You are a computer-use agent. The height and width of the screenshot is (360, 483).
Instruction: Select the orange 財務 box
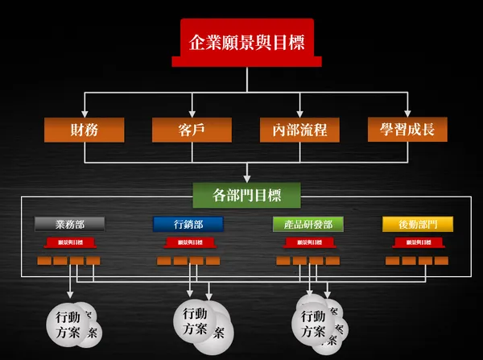tap(85, 129)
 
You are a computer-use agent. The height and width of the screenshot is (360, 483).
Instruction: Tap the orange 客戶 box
tap(192, 129)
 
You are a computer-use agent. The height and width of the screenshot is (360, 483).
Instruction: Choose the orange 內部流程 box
tap(299, 129)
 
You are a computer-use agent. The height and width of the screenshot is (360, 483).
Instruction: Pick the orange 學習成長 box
tap(407, 129)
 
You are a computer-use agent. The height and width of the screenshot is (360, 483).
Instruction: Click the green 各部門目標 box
tap(247, 194)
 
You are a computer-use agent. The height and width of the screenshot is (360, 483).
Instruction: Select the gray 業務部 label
tap(70, 224)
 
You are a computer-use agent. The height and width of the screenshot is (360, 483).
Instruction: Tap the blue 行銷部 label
tap(188, 224)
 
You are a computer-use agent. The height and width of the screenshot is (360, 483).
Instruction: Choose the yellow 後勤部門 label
tap(418, 224)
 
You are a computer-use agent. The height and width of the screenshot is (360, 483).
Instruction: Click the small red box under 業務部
tap(69, 242)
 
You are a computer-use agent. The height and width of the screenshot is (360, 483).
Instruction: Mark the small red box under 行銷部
tap(189, 242)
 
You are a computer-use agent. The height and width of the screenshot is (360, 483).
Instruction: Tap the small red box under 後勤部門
tap(418, 242)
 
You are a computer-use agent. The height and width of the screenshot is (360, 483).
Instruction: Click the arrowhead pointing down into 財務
tap(85, 113)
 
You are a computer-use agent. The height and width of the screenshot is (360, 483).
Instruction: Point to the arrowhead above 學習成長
tap(407, 113)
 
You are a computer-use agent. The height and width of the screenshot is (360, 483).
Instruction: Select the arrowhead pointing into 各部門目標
tap(247, 179)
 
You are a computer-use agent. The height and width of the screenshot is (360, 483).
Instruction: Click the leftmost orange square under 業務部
tap(44, 261)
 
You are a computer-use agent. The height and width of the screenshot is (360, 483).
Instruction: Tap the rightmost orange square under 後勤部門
tap(442, 261)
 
